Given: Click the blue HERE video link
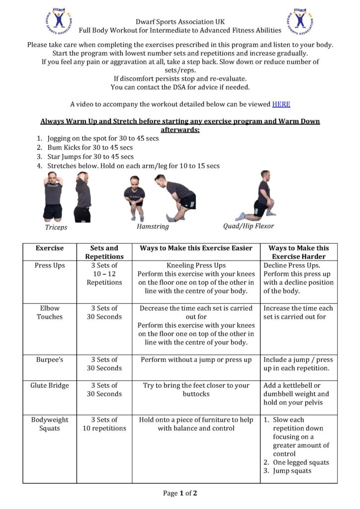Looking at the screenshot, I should coord(281,104).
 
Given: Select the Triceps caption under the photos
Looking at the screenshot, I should coord(56,227).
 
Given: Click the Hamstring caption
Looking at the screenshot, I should coord(153,226).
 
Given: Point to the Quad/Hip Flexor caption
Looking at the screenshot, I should coord(249,226).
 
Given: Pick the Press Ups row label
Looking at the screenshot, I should coord(50,265).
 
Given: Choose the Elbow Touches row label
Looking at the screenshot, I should coord(50,312).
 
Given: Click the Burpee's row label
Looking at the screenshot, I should coord(50,359).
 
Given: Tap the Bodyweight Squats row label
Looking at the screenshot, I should coord(50,424).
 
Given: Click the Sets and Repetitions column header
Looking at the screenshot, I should coord(104,252).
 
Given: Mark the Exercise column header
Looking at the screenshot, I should coord(50,248).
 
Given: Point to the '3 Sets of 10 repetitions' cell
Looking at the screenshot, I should coord(104,424).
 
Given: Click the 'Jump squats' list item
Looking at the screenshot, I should coord(292,471).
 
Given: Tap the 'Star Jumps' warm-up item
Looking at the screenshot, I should coord(90,157).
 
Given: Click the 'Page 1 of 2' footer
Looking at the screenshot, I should coord(180,493).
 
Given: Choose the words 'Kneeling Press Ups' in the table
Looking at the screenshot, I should coord(196,265).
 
